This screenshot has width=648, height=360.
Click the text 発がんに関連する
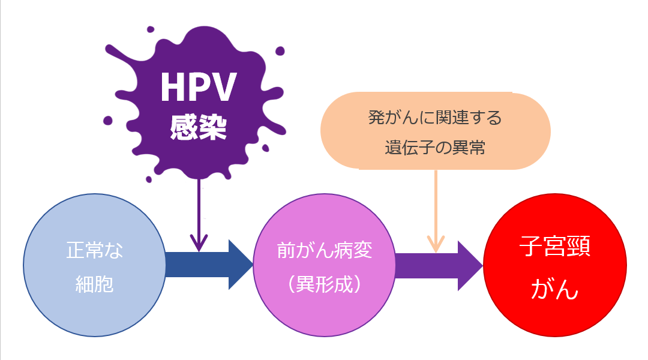click(x=435, y=118)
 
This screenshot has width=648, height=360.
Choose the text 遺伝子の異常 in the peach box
click(x=435, y=147)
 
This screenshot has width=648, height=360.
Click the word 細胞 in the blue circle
click(x=94, y=284)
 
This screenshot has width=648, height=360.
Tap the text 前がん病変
click(x=324, y=250)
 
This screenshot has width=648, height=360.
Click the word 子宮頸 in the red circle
click(x=554, y=247)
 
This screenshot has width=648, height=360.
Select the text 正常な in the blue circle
click(x=94, y=250)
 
